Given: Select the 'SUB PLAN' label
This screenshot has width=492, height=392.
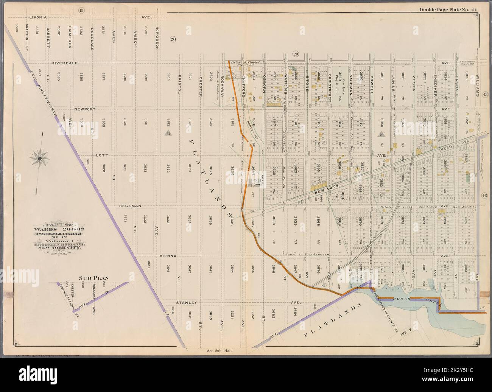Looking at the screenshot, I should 93,278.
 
